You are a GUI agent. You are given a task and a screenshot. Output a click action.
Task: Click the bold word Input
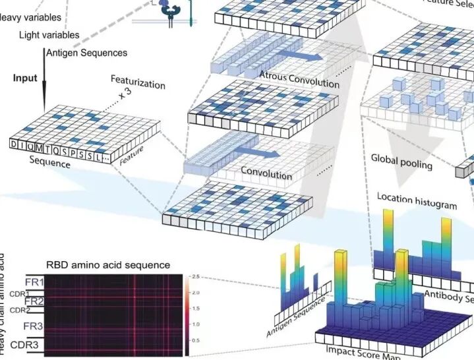[25, 78]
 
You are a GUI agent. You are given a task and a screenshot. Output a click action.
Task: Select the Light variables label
[49, 34]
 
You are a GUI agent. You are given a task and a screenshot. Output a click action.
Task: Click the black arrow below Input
[44, 86]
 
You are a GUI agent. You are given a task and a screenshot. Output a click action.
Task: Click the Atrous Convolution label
[299, 78]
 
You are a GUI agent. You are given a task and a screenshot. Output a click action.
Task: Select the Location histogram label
[417, 200]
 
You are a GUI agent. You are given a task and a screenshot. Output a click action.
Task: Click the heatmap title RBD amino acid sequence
[108, 265]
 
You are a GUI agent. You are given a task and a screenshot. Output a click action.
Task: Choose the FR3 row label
[34, 326]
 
